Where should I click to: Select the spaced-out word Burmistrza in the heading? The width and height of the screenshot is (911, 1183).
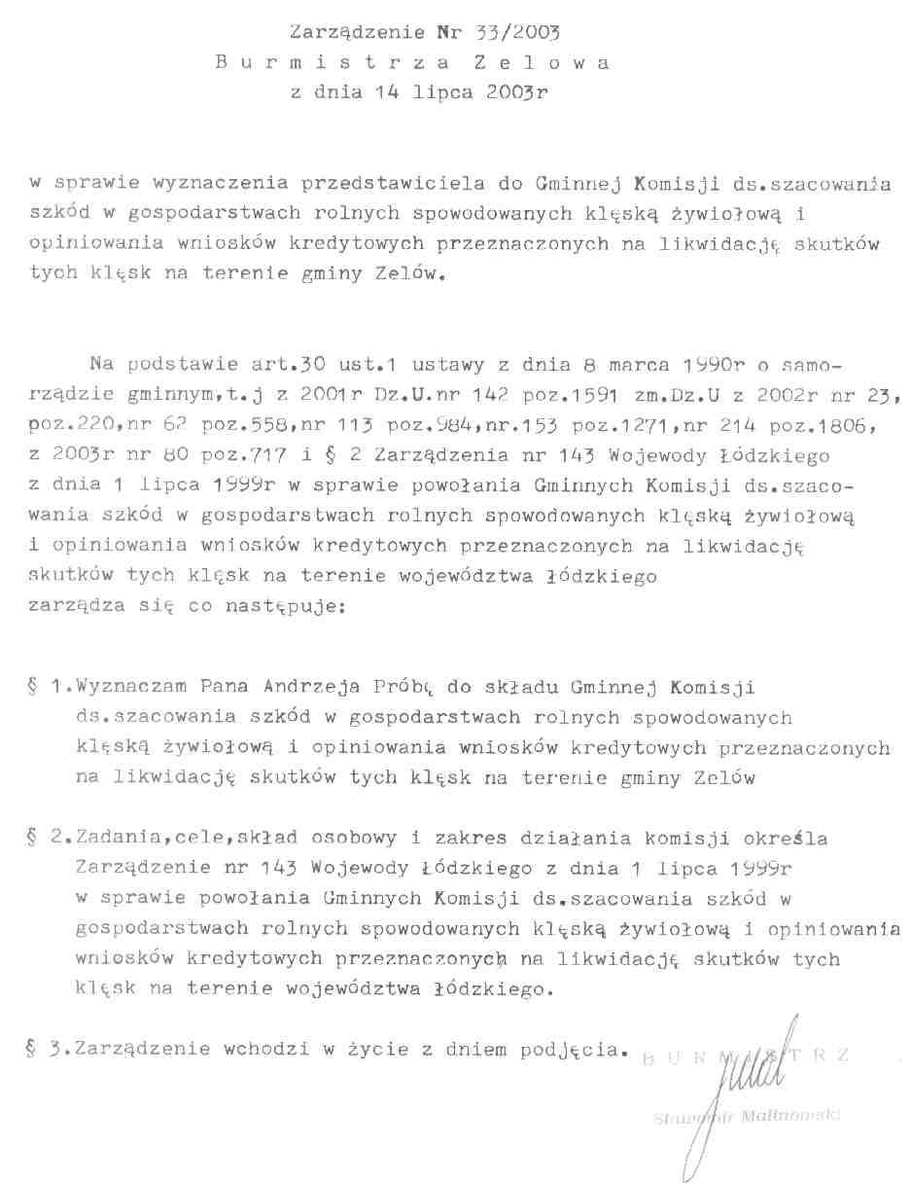click(x=333, y=63)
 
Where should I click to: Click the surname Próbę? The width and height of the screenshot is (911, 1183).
click(x=399, y=688)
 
